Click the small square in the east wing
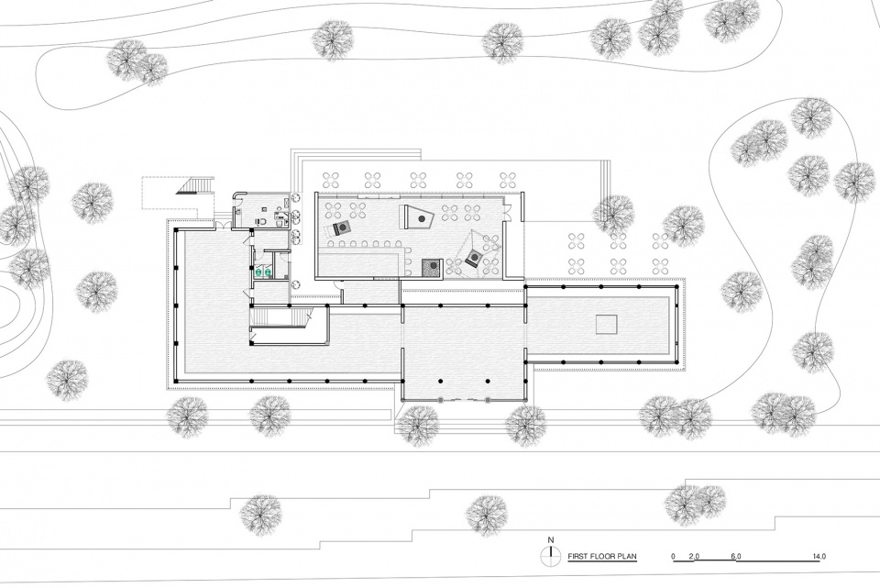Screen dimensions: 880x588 click(x=606, y=325)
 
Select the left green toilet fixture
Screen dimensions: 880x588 click(x=258, y=272)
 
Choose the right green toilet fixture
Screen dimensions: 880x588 click(x=269, y=272)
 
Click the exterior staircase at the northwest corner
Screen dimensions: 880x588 click(x=196, y=185)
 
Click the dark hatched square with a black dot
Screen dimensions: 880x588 click(x=432, y=268)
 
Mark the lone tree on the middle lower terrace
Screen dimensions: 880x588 click(x=487, y=516)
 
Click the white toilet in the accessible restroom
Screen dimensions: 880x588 click(x=260, y=221)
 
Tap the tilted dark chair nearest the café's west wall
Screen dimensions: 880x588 click(x=341, y=227)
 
